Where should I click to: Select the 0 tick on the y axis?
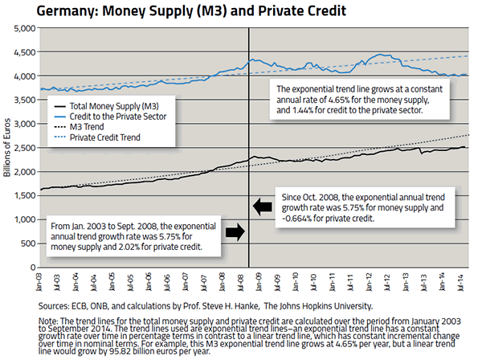click(x=33, y=267)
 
